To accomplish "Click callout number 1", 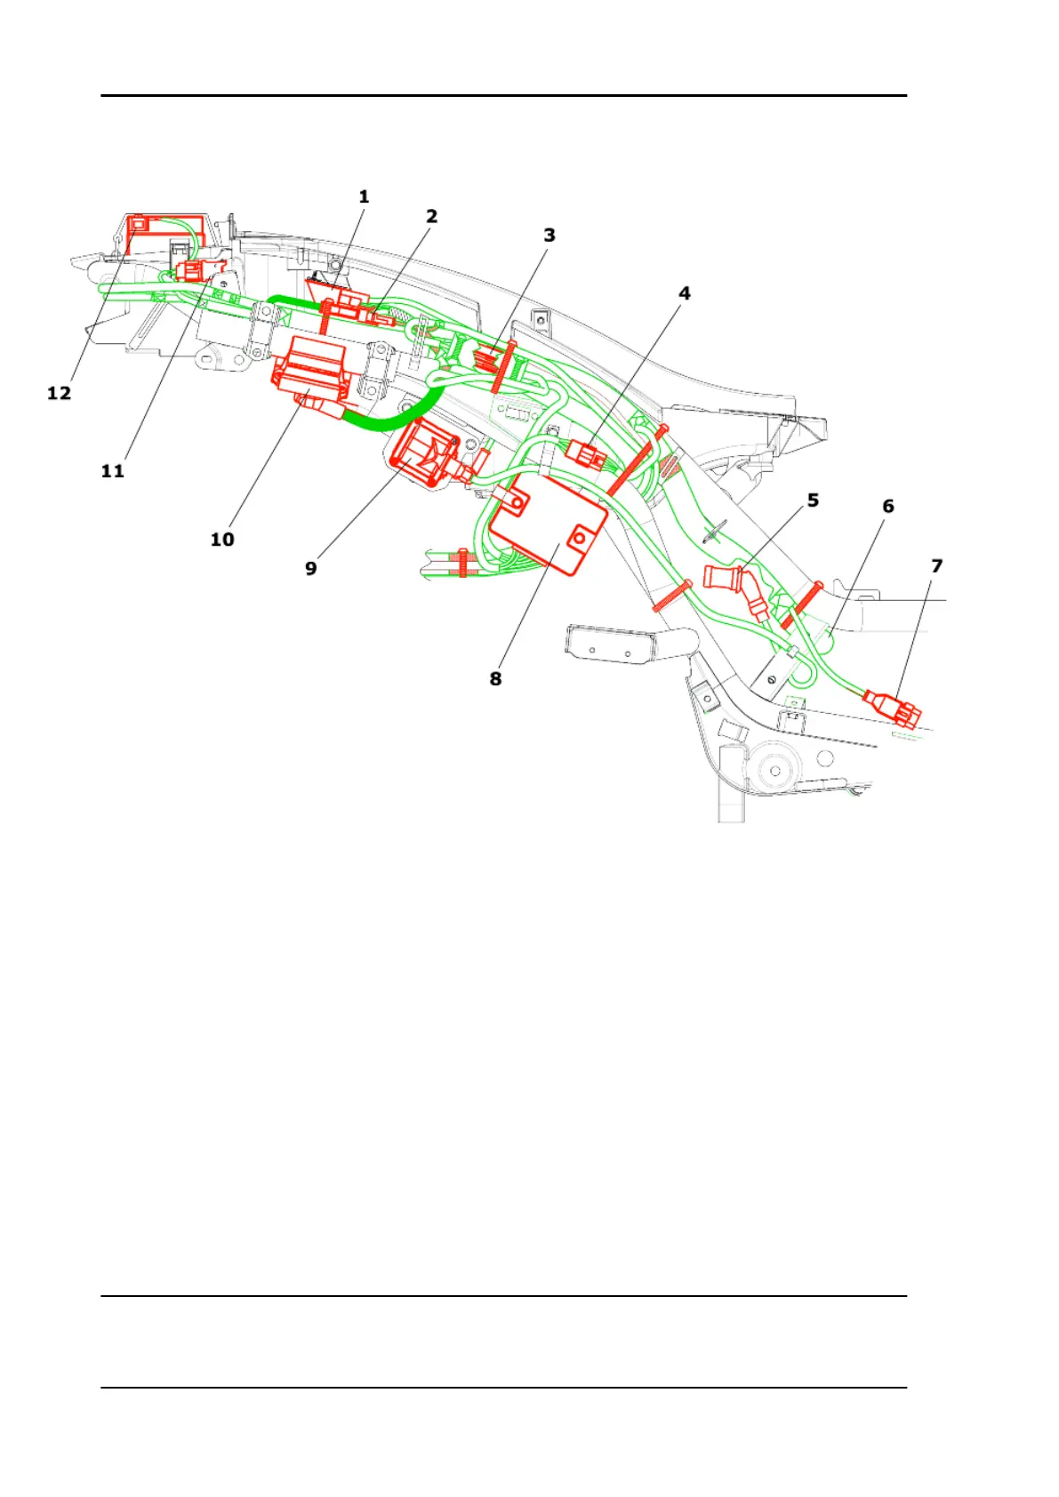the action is pos(364,196).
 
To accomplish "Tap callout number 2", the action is pos(432,216).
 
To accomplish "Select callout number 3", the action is pos(550,236).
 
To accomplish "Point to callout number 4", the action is pos(685,293).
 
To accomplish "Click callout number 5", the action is pos(813,500).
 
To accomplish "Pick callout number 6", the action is pos(888,506).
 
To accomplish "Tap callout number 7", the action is pos(936,566).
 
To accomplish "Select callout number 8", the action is pos(495,679).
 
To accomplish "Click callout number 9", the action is pos(311,568).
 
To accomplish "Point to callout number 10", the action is pos(222,540).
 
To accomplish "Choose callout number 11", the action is pos(112,471).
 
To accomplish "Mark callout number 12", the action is pos(59,393).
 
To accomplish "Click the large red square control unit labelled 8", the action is pos(547,524).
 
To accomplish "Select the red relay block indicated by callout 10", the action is pos(311,373).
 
